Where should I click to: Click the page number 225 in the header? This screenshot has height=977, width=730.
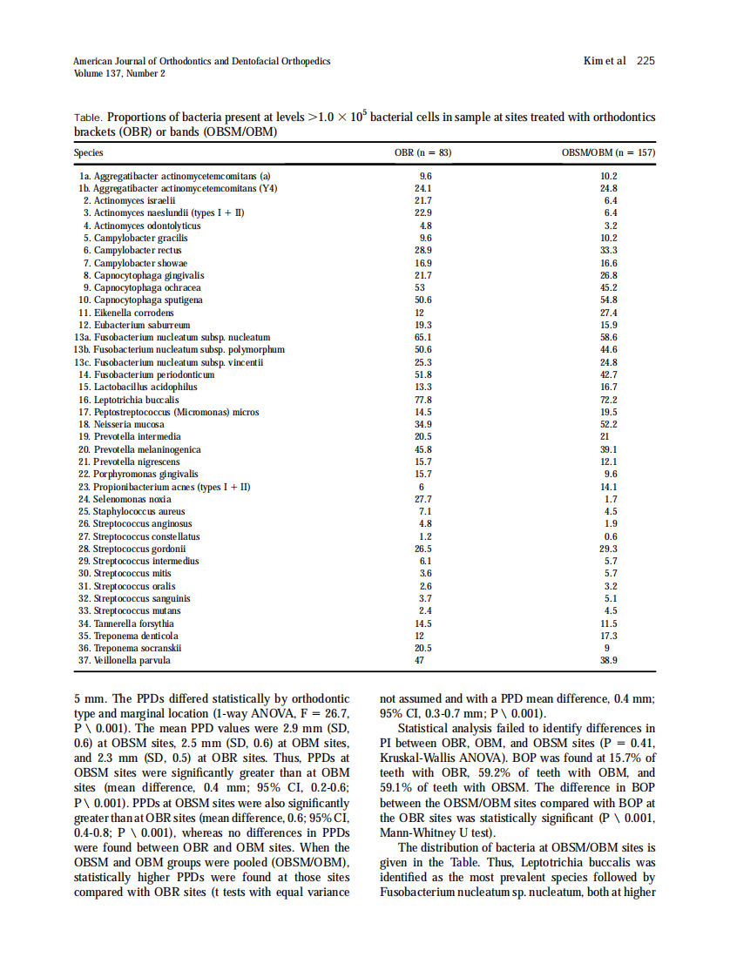646,61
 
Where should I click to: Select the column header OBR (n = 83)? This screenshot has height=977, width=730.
422,153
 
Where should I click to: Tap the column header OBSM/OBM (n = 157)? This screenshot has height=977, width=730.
608,153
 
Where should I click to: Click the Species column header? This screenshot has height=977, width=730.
87,153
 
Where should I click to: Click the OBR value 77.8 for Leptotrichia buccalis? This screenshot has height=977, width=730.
422,400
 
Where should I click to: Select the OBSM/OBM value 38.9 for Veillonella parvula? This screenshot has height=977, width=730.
609,661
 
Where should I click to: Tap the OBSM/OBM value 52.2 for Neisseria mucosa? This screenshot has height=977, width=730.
609,424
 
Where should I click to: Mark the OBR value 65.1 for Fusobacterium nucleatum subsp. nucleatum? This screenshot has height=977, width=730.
422,337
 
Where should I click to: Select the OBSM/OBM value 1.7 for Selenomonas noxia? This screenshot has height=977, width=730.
610,499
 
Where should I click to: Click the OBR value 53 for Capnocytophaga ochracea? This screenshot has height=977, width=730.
420,287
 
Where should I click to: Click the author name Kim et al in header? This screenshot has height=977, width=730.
604,61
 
